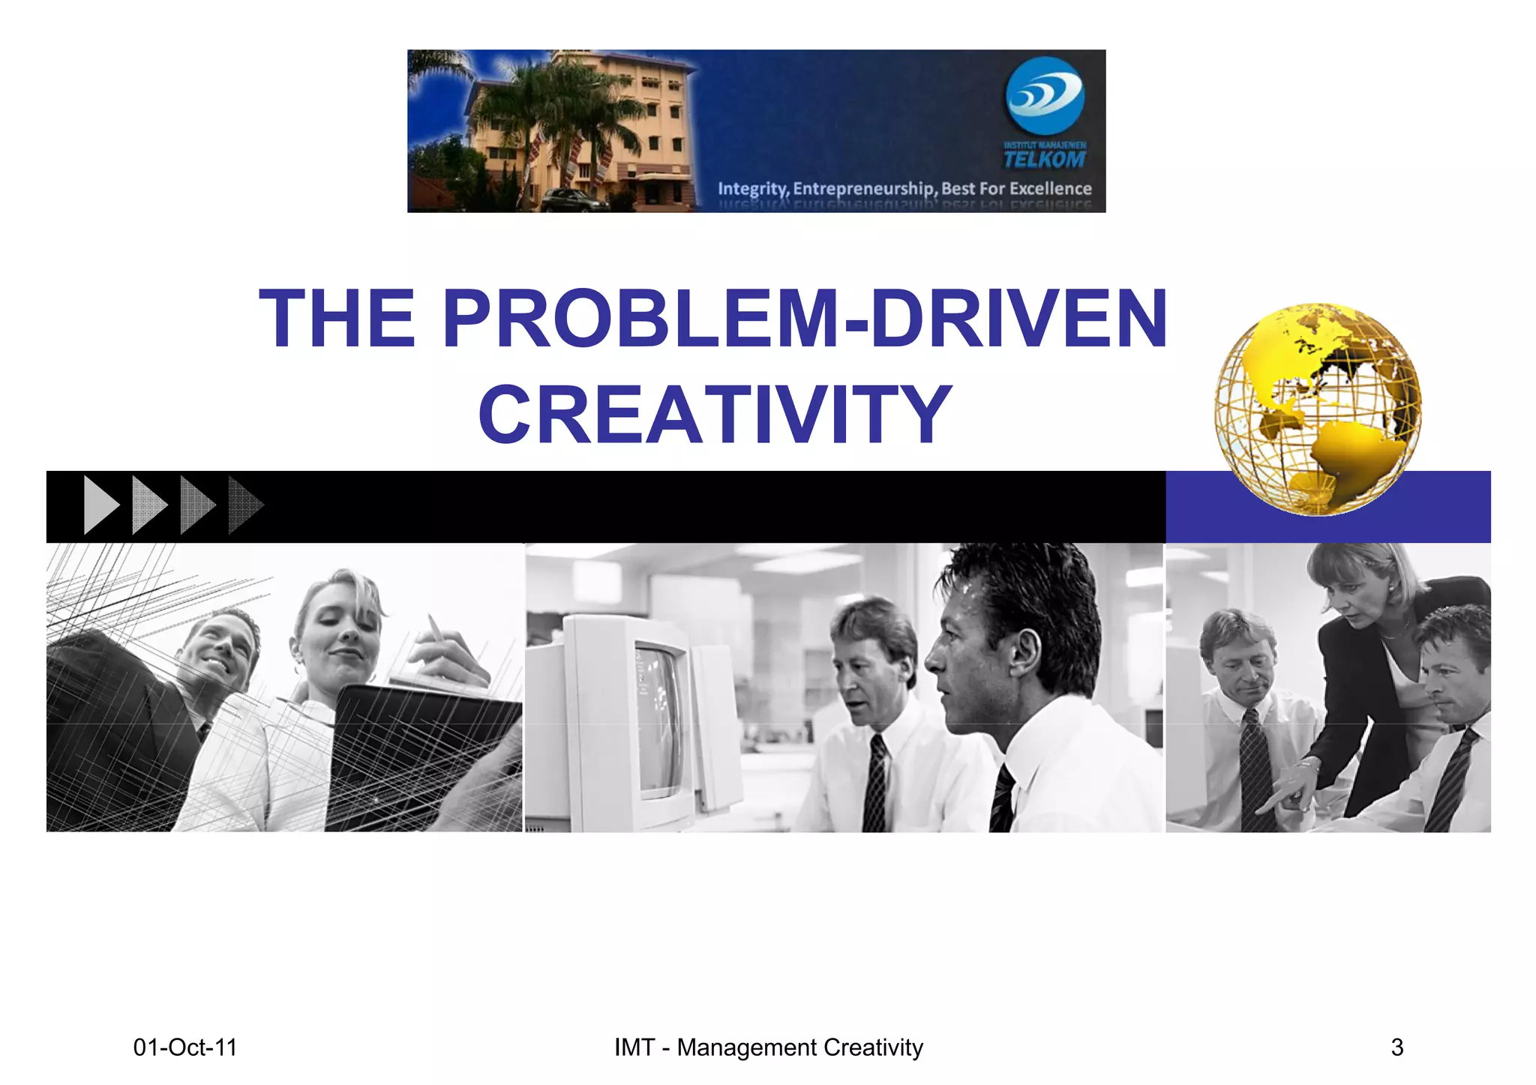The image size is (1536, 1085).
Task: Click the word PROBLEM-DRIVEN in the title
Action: point(805,318)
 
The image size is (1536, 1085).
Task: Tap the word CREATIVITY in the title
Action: point(715,414)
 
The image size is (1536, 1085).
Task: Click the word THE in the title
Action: point(337,318)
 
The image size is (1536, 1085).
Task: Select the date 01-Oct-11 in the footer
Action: point(184,1047)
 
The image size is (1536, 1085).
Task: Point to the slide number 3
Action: point(1396,1047)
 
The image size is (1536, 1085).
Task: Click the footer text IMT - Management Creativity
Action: point(768,1047)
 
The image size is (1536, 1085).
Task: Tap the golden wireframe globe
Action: point(1317,409)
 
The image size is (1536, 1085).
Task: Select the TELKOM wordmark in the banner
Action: point(1045,159)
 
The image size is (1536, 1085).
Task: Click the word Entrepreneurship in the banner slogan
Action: point(864,188)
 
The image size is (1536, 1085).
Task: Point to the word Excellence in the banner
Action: point(1050,188)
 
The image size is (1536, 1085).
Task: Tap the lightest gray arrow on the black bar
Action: point(101,505)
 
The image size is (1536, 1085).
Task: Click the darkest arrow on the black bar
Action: point(245,505)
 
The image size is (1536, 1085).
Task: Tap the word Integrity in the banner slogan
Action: point(752,188)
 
